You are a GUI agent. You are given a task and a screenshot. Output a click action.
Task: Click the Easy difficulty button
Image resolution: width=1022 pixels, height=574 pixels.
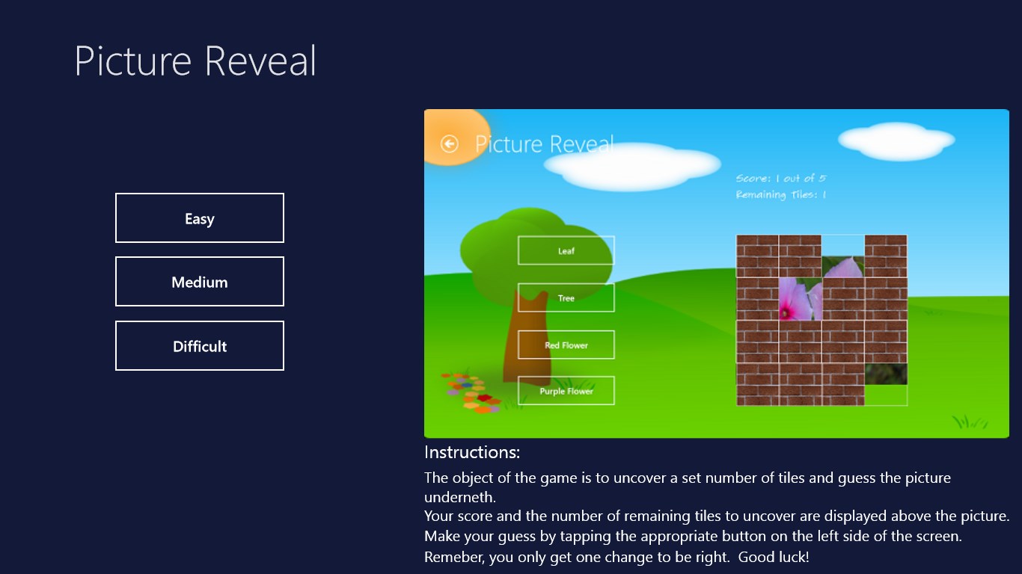pos(199,218)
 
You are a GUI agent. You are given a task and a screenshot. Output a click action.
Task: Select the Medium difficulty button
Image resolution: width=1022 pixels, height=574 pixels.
pos(199,281)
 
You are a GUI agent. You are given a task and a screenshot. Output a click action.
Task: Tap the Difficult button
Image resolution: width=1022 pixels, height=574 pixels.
pos(199,345)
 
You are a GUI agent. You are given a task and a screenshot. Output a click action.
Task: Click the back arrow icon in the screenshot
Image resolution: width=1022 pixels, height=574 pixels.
pos(450,144)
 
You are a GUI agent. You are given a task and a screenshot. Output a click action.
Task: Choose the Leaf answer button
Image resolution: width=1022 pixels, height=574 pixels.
pos(566,250)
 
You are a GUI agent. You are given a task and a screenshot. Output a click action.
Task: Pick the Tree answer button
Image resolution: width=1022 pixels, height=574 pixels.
pos(566,297)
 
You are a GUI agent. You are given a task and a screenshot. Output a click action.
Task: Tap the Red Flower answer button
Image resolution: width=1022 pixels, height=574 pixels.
pos(566,345)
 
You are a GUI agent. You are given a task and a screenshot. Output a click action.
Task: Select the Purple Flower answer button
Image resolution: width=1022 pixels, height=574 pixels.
pos(566,391)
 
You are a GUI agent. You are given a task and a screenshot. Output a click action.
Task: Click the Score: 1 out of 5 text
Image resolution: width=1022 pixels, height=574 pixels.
pos(780,179)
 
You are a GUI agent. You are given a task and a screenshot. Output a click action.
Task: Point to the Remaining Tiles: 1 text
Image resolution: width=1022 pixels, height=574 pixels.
pos(780,194)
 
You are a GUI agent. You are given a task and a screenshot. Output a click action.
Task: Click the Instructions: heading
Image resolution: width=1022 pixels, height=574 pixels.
pos(472,452)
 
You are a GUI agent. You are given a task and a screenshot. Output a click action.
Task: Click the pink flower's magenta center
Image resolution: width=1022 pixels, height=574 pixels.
pos(786,312)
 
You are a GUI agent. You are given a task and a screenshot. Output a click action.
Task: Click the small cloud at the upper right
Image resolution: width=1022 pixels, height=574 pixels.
pos(896,141)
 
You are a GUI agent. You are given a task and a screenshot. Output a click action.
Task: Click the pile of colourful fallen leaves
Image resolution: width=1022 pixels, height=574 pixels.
pos(470,393)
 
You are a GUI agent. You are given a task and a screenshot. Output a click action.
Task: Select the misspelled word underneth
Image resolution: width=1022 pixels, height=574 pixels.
pos(459,497)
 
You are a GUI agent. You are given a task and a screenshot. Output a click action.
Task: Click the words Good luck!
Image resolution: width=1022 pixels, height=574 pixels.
pos(774,557)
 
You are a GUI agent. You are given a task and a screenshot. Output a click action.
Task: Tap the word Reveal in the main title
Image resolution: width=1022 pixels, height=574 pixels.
pos(260,61)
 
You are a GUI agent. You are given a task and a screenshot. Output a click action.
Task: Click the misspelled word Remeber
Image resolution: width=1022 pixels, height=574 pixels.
pos(454,557)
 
